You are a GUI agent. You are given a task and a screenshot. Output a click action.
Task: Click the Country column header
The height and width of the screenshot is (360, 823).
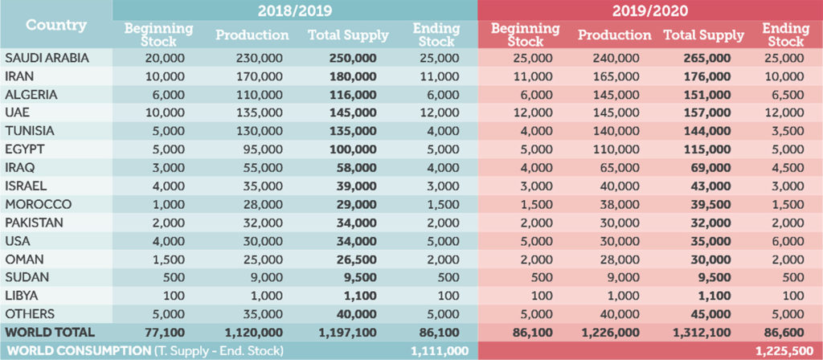click(x=56, y=25)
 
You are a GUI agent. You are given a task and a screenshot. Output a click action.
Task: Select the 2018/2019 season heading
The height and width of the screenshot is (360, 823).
click(x=294, y=10)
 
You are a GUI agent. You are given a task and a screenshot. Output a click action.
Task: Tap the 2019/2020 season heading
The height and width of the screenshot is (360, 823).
click(x=650, y=10)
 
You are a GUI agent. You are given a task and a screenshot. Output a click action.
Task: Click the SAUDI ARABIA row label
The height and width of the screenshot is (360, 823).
click(x=47, y=59)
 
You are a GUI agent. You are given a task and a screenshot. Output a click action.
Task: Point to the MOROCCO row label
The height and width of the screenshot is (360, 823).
click(x=38, y=204)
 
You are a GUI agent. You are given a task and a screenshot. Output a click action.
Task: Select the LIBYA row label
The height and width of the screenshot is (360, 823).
click(x=23, y=295)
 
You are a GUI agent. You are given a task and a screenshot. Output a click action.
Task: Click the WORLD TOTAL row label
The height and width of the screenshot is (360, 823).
click(x=50, y=332)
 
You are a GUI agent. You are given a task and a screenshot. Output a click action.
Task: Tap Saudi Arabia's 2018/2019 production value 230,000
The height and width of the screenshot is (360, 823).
click(x=252, y=59)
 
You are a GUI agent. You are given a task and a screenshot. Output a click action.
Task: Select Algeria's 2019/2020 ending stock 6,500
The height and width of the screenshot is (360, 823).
click(x=784, y=95)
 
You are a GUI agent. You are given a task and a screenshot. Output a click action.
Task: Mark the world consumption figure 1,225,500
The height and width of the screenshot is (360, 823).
click(x=780, y=350)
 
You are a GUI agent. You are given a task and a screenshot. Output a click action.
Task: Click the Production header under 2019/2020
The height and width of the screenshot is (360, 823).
click(x=614, y=35)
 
